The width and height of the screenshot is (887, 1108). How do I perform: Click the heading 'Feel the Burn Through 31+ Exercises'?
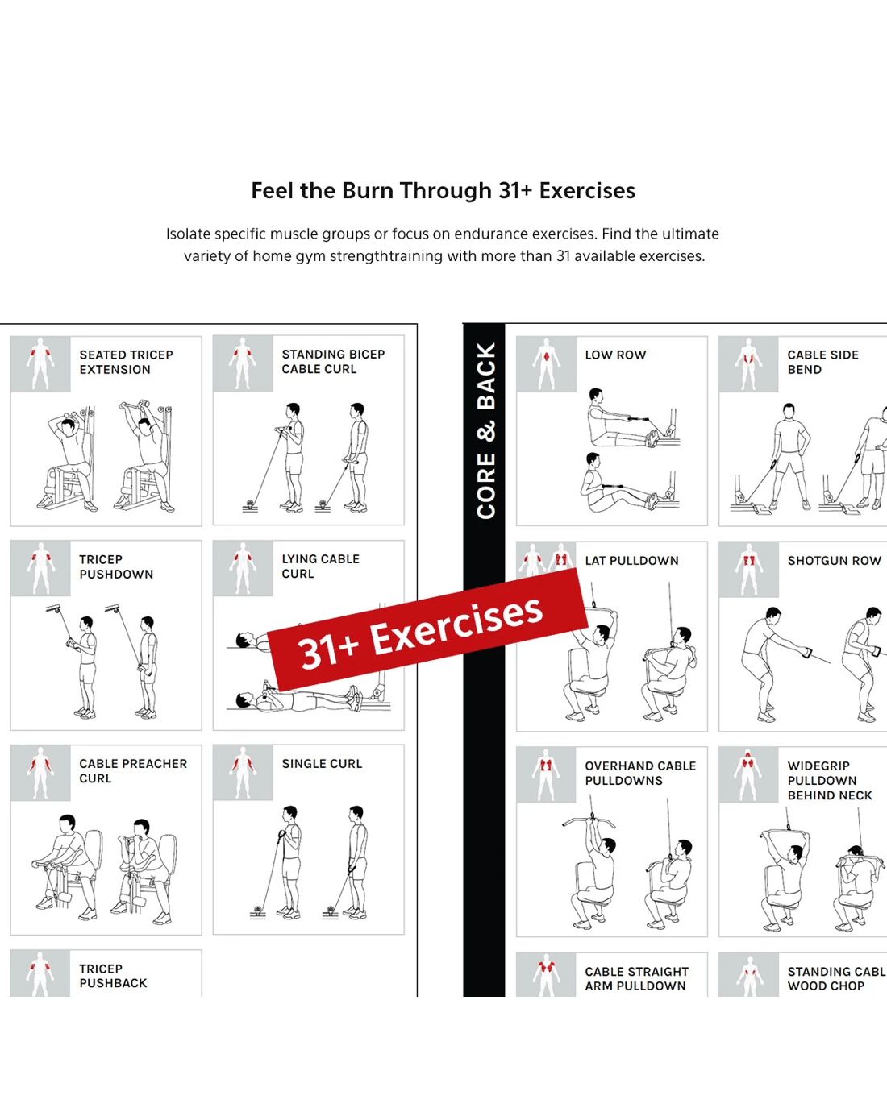443,190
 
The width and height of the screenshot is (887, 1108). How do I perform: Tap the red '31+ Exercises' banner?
428,630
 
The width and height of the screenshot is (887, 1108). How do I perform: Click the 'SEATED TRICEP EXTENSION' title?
127,362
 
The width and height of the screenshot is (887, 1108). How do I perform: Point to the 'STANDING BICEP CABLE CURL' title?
333,362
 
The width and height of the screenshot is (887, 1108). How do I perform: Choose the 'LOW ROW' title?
615,355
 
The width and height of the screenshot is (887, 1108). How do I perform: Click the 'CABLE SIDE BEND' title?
822,362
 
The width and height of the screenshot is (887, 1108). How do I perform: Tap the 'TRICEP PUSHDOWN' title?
116,566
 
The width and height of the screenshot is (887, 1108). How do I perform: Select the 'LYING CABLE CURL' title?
320,566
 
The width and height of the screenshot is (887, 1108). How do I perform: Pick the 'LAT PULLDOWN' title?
631,561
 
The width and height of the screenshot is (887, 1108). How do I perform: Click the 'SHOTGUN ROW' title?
834,561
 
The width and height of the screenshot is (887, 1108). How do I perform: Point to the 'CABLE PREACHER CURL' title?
133,770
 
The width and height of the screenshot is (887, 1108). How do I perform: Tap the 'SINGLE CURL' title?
322,764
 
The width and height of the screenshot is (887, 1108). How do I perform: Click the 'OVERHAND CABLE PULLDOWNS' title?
640,773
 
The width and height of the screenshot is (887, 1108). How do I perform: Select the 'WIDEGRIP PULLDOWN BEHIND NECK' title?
830,780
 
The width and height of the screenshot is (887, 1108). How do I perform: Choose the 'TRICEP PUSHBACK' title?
113,976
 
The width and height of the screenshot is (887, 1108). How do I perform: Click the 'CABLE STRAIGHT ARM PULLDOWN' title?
636,978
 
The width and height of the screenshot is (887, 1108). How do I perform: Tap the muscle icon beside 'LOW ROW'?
546,364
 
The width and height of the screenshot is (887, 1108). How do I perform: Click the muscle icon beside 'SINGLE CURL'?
243,773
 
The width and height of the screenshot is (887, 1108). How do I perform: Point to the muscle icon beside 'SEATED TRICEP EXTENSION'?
40,364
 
